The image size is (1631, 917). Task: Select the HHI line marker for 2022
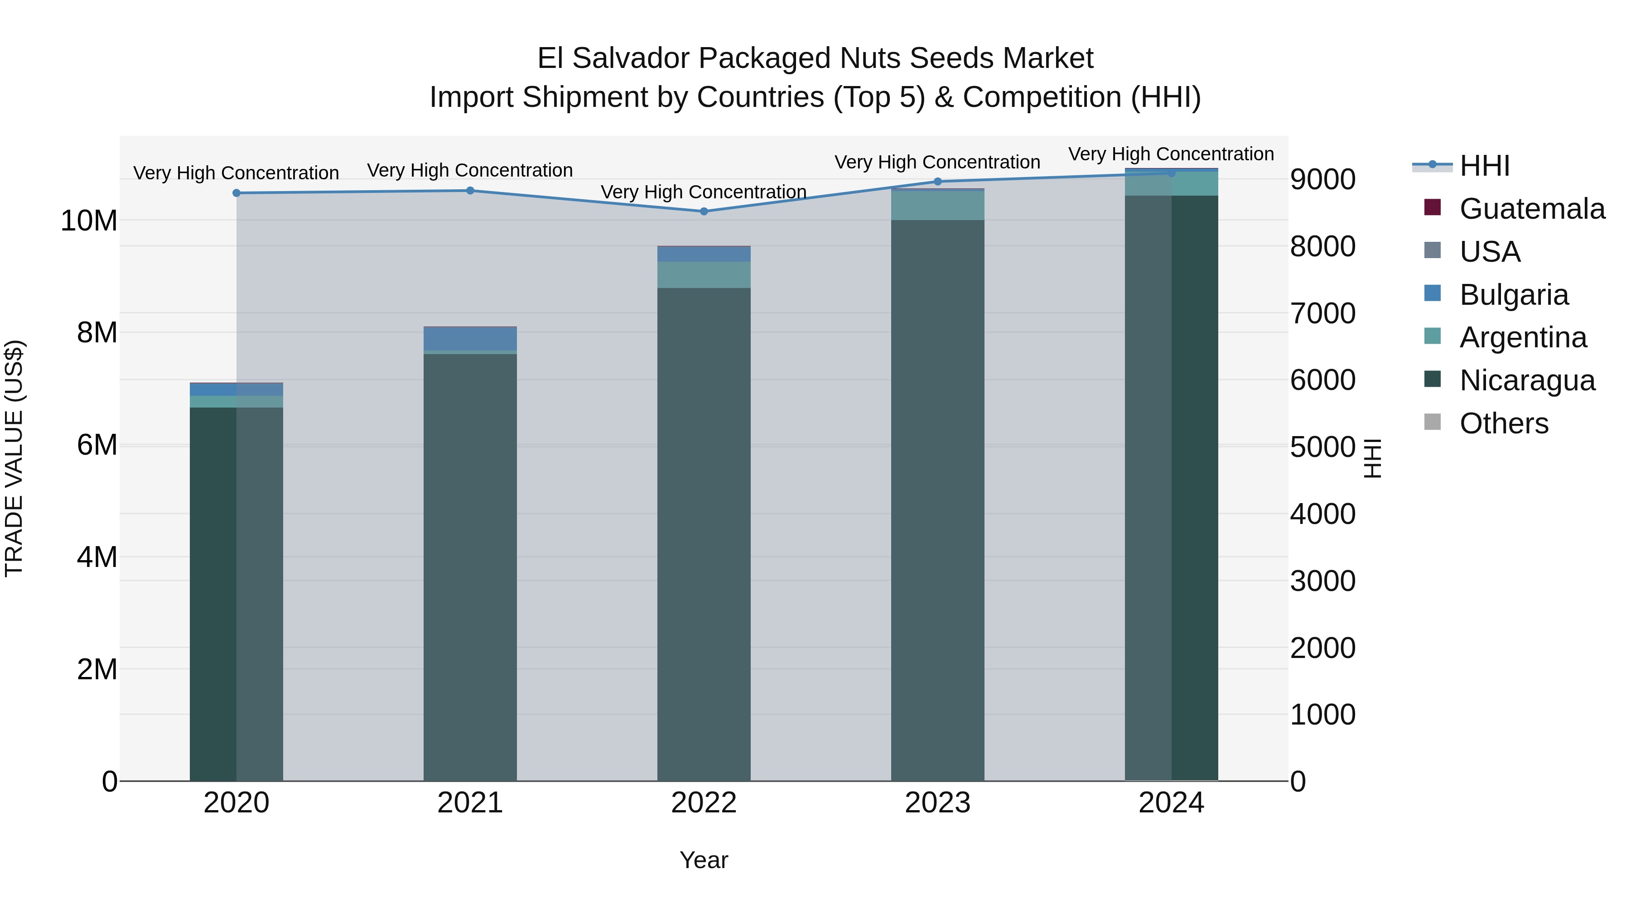(x=704, y=211)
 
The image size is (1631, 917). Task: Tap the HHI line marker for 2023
(x=938, y=182)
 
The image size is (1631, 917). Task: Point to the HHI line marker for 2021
(x=470, y=191)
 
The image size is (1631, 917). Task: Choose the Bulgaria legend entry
(x=1513, y=295)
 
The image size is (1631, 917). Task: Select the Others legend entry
(x=1503, y=423)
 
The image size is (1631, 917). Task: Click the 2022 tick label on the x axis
(x=704, y=803)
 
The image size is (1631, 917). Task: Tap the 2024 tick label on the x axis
(x=1171, y=803)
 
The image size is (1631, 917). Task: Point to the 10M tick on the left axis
(x=89, y=221)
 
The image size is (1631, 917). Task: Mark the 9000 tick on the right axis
(x=1322, y=180)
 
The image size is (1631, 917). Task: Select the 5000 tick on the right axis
(x=1322, y=447)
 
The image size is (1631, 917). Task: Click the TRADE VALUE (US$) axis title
(x=14, y=458)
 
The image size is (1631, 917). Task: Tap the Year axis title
(x=704, y=861)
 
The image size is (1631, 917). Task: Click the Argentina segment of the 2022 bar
(x=704, y=275)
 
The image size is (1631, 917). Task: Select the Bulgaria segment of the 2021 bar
(x=470, y=339)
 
